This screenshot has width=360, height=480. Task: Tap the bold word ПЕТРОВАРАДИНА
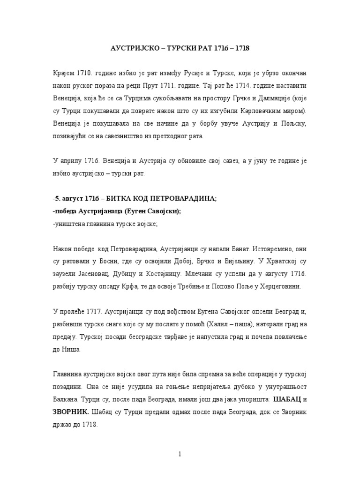[179, 199]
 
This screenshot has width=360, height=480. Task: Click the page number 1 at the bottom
[180, 454]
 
